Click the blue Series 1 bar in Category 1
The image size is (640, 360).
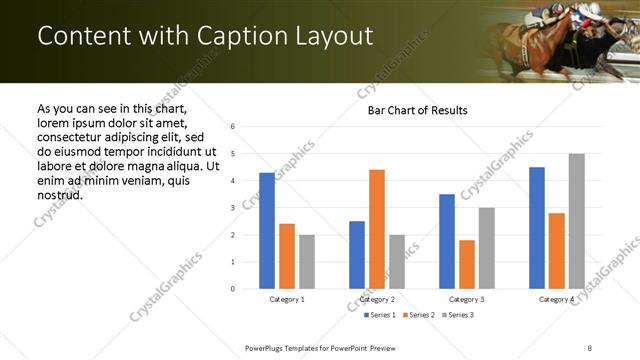267,231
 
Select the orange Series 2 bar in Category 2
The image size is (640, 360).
377,229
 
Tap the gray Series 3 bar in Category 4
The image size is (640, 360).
577,221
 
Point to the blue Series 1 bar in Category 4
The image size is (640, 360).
537,228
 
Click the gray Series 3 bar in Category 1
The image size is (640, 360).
307,262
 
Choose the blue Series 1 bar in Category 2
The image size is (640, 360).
357,255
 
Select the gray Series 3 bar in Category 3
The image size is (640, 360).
487,248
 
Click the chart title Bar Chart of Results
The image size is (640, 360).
411,110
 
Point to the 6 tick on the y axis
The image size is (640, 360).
232,127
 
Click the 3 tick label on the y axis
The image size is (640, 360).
232,208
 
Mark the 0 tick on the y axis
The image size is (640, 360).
232,289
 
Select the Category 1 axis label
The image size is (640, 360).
287,299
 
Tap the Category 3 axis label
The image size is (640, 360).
467,299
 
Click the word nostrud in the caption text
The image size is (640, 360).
59,194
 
